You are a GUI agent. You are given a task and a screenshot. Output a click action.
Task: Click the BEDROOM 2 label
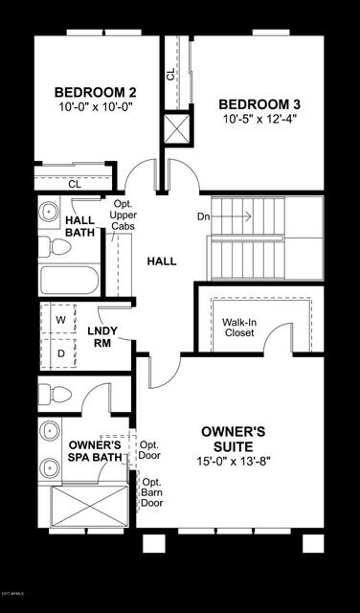pos(95,92)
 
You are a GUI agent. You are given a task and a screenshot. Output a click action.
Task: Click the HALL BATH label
pos(79,225)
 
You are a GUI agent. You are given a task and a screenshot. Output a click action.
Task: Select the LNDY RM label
pos(101,337)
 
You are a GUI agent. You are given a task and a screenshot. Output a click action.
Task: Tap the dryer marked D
pos(59,352)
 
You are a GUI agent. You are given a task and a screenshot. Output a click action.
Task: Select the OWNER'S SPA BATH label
pos(95,452)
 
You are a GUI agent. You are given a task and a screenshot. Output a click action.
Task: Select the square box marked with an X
pos(176,127)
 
